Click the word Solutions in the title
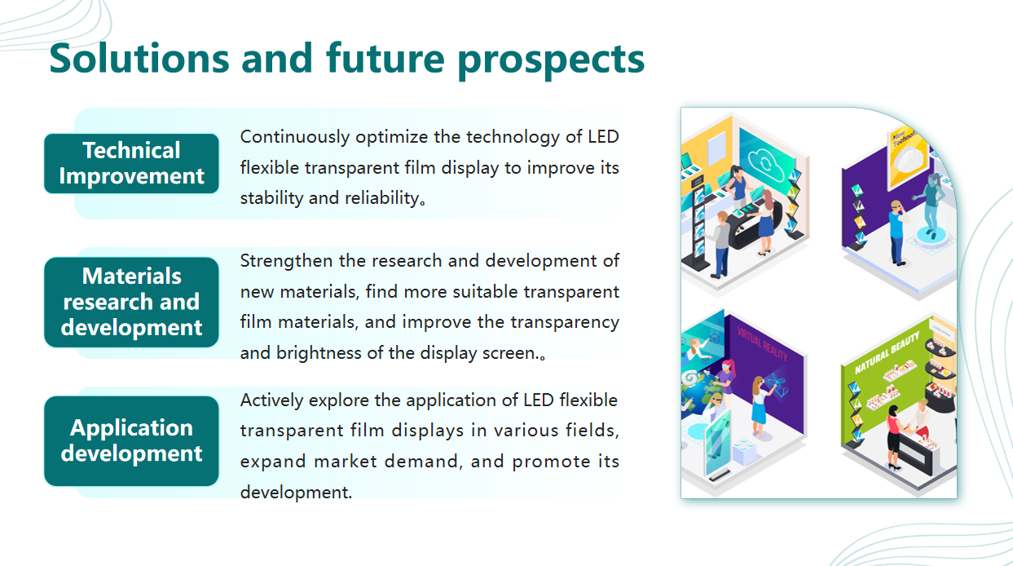pos(139,59)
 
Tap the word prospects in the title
pos(551,61)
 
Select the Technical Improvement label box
pos(131,163)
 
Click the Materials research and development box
pos(131,303)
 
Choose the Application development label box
pos(131,441)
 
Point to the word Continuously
pos(295,138)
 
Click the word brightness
pos(319,353)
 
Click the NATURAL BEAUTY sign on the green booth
pos(887,353)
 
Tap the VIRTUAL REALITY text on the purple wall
pos(763,344)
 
